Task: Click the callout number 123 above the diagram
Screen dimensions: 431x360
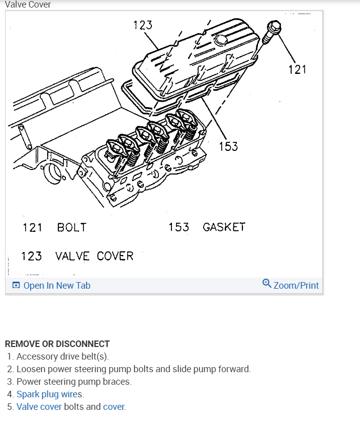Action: [x=143, y=25]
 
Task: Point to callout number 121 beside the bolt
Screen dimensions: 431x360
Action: [x=298, y=69]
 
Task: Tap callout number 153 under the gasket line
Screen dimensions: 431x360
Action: [x=228, y=146]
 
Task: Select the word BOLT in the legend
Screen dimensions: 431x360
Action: [x=72, y=227]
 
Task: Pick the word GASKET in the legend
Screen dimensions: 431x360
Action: [x=224, y=227]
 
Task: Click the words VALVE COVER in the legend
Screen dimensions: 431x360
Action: [x=95, y=256]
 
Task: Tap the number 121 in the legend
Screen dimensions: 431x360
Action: [x=32, y=227]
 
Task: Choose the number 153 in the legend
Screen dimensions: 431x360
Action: [x=179, y=227]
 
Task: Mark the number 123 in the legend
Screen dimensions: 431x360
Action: [x=31, y=256]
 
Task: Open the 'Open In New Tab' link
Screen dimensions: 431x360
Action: [x=56, y=286]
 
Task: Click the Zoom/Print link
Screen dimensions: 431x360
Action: [x=296, y=286]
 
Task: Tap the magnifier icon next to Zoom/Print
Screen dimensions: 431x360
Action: [x=267, y=284]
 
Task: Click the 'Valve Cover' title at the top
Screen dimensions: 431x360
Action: [x=28, y=5]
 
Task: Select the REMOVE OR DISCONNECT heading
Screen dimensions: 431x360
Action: [x=57, y=344]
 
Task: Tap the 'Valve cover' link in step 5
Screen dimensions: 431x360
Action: [x=39, y=407]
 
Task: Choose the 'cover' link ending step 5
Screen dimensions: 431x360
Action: [x=114, y=407]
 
